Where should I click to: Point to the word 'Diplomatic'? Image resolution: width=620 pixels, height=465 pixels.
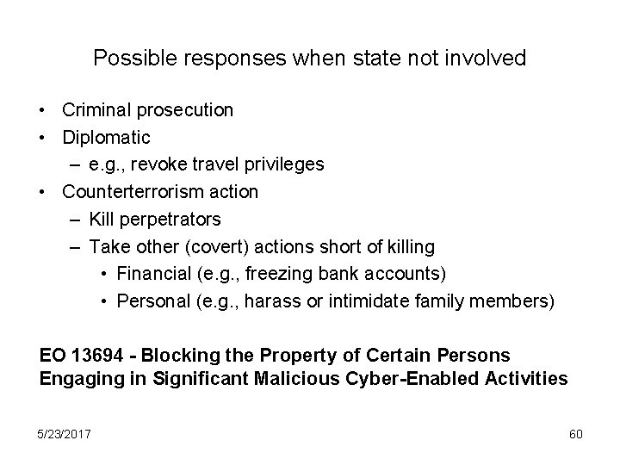107,137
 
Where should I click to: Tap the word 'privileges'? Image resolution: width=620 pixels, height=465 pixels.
282,164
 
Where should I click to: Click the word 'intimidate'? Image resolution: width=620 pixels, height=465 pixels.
410,302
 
